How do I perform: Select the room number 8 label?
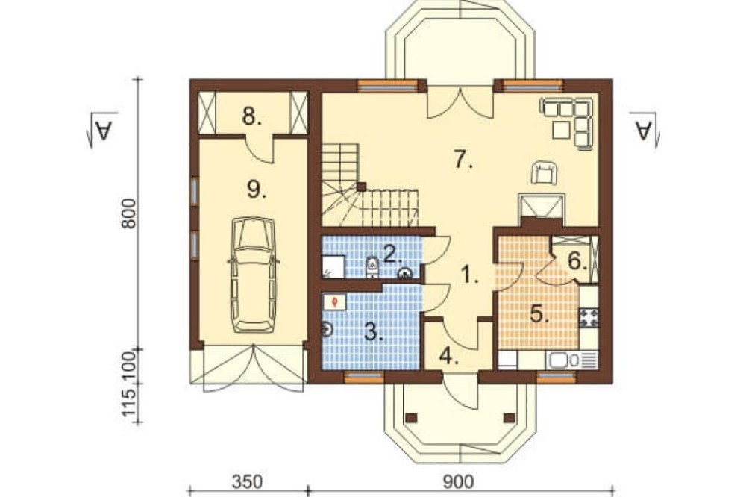pyautogui.click(x=251, y=116)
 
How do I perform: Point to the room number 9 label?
pyautogui.click(x=257, y=190)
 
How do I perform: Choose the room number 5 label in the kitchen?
pyautogui.click(x=539, y=314)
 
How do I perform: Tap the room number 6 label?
pyautogui.click(x=577, y=261)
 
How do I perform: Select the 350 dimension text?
pyautogui.click(x=247, y=482)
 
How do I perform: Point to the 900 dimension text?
pyautogui.click(x=459, y=482)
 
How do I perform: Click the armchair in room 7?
pyautogui.click(x=544, y=172)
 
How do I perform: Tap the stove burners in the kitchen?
pyautogui.click(x=589, y=318)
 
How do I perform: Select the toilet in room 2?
pyautogui.click(x=372, y=267)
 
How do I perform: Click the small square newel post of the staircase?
pyautogui.click(x=361, y=187)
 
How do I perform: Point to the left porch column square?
pyautogui.click(x=412, y=418)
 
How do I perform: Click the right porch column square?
pyautogui.click(x=509, y=418)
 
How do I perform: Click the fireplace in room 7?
pyautogui.click(x=542, y=206)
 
